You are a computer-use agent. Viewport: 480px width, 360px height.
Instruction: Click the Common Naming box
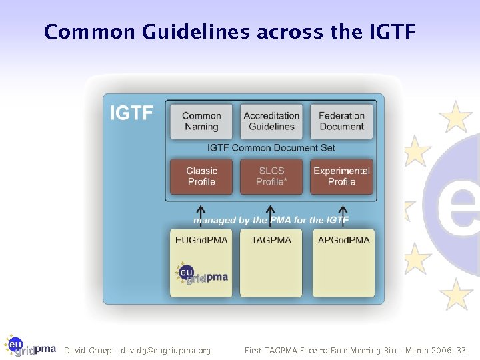(201, 121)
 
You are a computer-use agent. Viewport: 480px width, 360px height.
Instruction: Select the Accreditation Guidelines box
(271, 121)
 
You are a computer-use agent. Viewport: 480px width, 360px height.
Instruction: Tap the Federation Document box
(341, 121)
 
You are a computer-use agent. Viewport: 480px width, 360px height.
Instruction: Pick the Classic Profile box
(201, 176)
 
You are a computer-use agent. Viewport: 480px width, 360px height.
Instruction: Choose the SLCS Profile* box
(271, 176)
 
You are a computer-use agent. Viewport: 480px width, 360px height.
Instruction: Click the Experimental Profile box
(341, 176)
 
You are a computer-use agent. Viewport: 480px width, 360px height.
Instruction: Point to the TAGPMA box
(271, 263)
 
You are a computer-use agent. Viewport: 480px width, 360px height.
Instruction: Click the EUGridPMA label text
(201, 240)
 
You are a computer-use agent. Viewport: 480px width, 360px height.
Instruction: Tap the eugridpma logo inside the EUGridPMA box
(201, 274)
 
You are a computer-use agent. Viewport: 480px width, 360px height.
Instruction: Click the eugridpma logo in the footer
(31, 345)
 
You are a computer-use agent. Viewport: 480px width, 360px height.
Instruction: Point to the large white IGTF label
(131, 113)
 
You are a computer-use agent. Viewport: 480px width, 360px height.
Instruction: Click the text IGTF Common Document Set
(271, 148)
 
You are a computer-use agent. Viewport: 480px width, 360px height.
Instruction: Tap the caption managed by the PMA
(271, 220)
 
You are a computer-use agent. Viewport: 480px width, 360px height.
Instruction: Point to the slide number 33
(461, 350)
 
